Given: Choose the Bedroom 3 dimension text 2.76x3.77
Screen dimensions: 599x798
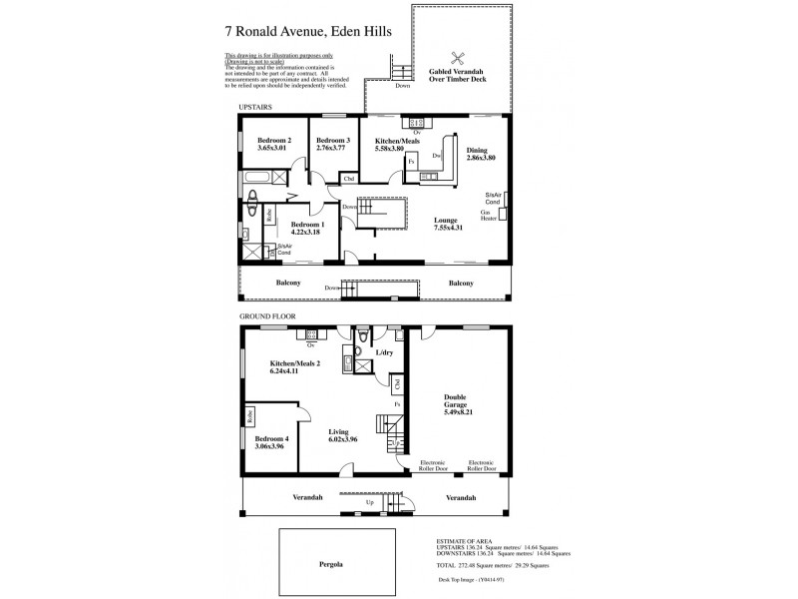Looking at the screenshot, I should (x=332, y=149).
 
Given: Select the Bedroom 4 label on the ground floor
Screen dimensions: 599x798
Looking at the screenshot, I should (x=272, y=439).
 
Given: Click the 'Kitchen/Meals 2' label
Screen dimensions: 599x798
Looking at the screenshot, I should (x=294, y=362).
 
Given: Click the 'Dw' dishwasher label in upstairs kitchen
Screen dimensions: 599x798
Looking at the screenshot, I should (x=437, y=156).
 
